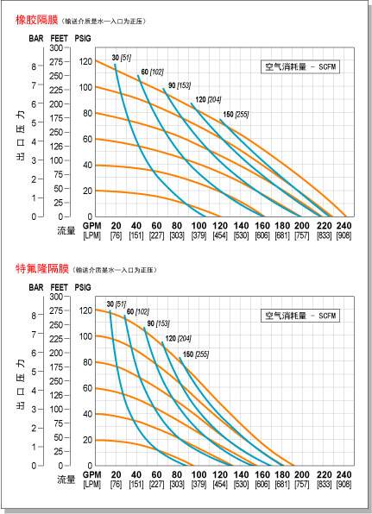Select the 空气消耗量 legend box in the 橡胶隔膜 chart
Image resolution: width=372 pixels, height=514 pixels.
[299, 67]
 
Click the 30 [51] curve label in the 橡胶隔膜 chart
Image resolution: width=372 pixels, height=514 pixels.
[121, 58]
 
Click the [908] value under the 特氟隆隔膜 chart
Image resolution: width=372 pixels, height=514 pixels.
[344, 484]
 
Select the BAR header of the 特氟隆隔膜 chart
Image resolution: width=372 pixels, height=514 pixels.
[35, 286]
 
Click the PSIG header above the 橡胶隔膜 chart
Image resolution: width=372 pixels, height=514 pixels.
[84, 38]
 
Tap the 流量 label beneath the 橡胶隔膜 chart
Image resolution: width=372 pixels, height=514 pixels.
[66, 230]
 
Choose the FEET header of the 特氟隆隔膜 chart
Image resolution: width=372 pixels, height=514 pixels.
[59, 286]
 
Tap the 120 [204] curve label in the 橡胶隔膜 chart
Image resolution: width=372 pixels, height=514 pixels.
[206, 99]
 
